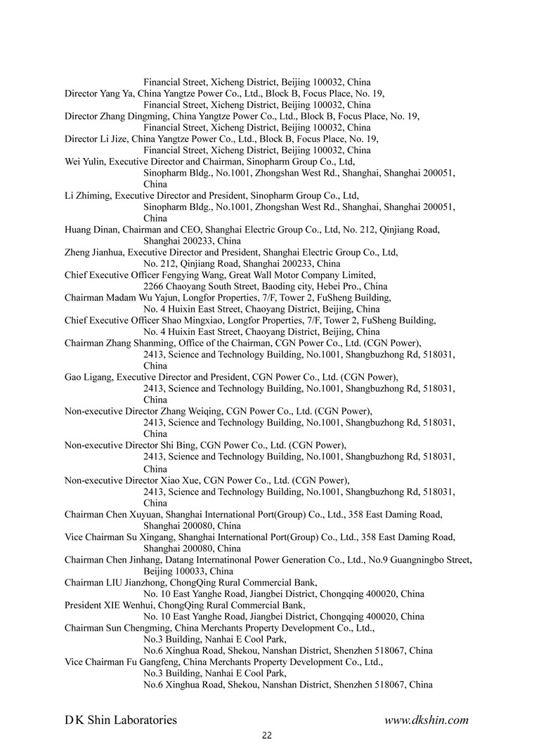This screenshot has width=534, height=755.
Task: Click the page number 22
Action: tap(266, 735)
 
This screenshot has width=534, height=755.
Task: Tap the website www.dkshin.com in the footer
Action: tap(426, 720)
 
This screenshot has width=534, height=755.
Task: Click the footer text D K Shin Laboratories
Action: tap(121, 720)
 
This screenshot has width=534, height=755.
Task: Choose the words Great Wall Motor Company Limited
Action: tap(298, 275)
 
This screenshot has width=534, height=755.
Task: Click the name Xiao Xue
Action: tap(181, 480)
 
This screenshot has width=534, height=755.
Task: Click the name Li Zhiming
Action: tap(87, 195)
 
